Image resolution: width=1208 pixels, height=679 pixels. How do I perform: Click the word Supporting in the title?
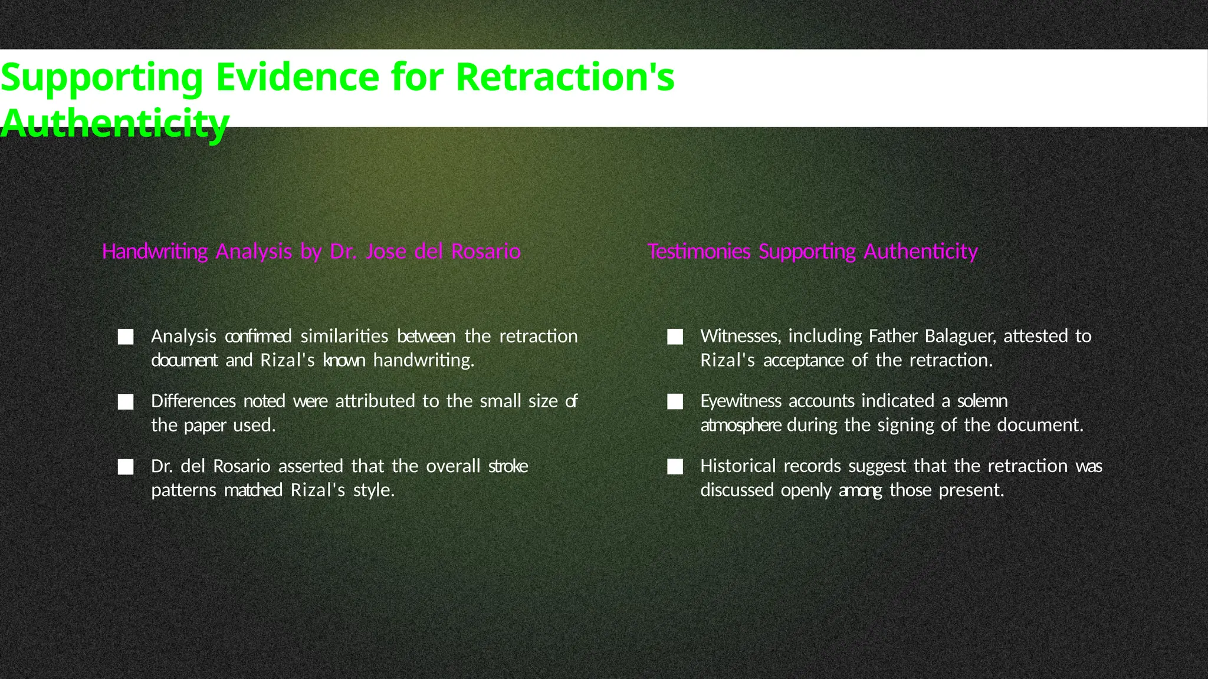101,78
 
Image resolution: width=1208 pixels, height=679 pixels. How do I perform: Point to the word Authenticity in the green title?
114,124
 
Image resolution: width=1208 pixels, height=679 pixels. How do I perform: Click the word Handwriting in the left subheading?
155,252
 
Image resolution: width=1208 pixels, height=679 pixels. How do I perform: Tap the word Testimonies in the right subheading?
699,252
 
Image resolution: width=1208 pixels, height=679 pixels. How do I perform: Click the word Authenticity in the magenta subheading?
921,252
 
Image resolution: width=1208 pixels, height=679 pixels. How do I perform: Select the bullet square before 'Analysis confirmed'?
126,337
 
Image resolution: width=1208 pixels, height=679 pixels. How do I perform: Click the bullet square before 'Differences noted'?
126,402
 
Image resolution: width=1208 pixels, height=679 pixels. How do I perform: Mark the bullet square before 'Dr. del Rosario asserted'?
126,467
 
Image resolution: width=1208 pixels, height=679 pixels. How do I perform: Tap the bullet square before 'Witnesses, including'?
675,337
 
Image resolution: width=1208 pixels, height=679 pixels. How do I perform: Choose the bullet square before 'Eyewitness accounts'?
675,402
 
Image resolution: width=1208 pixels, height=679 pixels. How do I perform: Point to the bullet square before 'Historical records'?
675,467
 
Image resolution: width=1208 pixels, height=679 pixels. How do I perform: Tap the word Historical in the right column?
738,466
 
